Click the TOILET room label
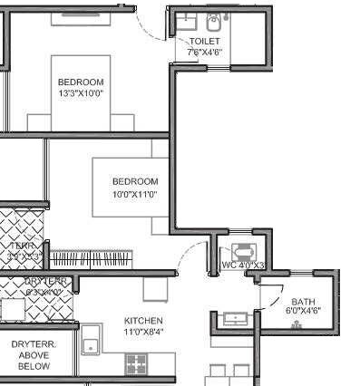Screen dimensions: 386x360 203,42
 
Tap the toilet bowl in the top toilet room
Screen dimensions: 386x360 214,22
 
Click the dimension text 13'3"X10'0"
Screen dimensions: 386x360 81,92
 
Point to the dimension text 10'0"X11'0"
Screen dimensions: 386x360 135,193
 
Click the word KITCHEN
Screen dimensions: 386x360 143,321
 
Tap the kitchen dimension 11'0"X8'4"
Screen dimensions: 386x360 143,333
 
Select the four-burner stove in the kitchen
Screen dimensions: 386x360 136,363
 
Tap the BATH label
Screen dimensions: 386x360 302,302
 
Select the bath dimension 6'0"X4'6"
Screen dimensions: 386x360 303,312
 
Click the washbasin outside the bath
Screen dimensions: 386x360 236,319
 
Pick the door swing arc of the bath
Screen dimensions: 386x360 268,294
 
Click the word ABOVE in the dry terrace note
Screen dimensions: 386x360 34,356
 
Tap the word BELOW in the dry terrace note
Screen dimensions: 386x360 34,368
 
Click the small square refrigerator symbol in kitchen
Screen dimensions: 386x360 155,289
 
